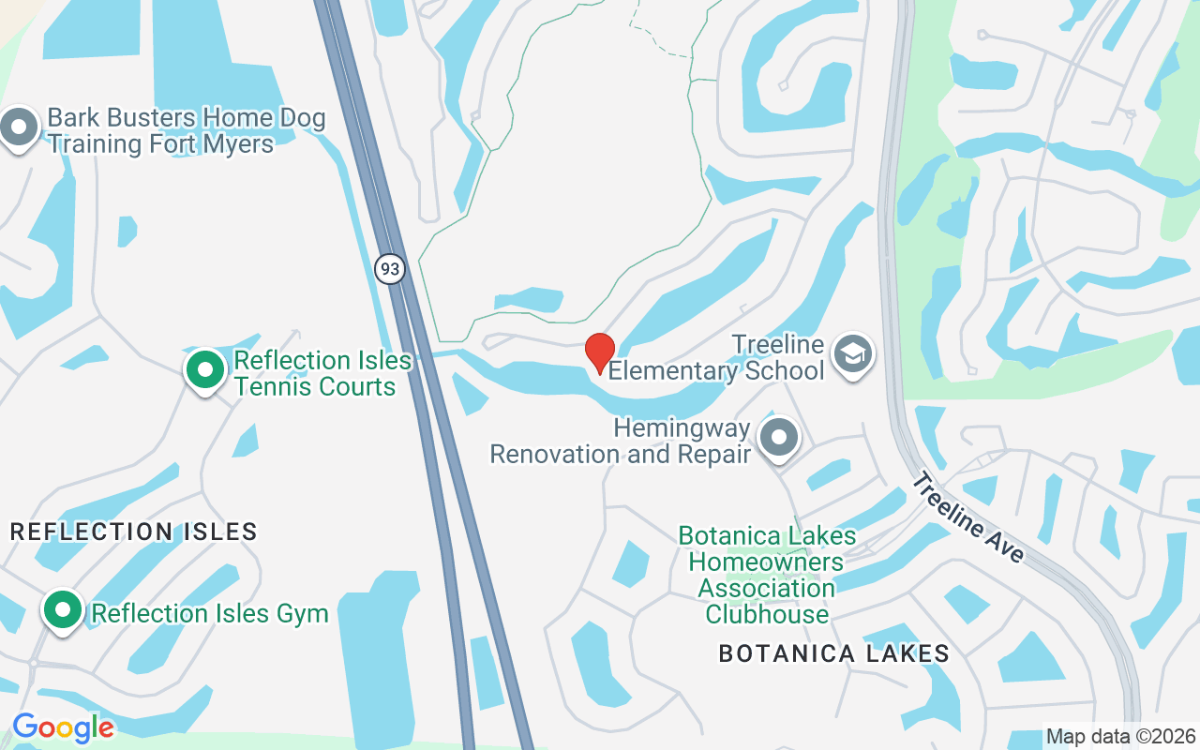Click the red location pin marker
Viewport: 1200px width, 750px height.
[x=599, y=352]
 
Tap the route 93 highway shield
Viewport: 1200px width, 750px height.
[x=390, y=269]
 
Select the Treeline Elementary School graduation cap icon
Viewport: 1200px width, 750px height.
[x=852, y=354]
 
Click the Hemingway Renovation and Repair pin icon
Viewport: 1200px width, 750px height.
[x=778, y=437]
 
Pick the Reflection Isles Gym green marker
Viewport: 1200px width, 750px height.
[x=63, y=609]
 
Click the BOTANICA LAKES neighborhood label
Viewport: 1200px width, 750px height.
[x=834, y=653]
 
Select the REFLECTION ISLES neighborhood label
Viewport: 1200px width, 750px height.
[x=133, y=532]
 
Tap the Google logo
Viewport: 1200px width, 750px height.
[x=63, y=727]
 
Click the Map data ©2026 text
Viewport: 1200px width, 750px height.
[x=1121, y=736]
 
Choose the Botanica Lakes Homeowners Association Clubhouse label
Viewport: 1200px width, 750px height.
[x=767, y=575]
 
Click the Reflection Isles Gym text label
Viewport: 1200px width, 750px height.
[x=209, y=614]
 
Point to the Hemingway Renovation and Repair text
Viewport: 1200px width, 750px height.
[x=622, y=442]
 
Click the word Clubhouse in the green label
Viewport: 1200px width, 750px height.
[x=767, y=615]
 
